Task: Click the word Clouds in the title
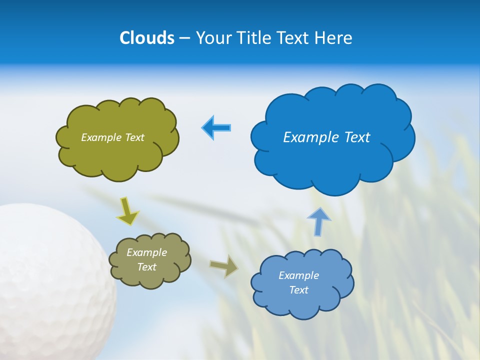pos(146,38)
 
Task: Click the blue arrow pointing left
pos(216,127)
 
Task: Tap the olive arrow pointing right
pos(224,266)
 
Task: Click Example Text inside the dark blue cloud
pos(326,137)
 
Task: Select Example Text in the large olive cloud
pos(112,137)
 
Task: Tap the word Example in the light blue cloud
pos(298,275)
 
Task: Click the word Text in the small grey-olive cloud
pos(147,267)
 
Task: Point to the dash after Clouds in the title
pos(184,38)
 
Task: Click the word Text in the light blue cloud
pos(298,290)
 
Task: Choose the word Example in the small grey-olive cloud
pos(147,252)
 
